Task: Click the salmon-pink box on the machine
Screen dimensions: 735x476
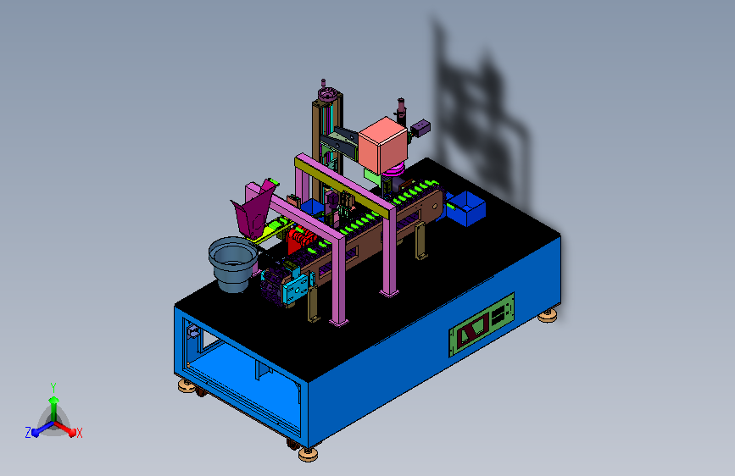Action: point(382,145)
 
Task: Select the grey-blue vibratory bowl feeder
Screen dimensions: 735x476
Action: point(233,263)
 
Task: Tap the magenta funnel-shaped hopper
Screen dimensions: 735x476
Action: point(254,208)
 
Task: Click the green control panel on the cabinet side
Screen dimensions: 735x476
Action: point(482,324)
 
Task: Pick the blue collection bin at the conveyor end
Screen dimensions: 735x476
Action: point(465,208)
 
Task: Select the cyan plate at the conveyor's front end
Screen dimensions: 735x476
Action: point(295,290)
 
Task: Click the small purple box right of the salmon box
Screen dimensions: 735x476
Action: point(420,128)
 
